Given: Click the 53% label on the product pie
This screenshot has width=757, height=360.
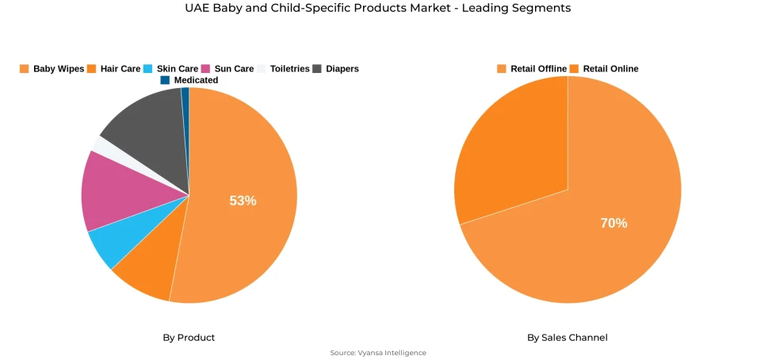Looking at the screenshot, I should pyautogui.click(x=243, y=201).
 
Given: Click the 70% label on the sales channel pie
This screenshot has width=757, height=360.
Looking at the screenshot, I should pyautogui.click(x=614, y=224).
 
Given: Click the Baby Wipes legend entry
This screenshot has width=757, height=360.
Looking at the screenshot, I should pyautogui.click(x=52, y=69).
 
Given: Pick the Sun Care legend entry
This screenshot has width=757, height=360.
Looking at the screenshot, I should pyautogui.click(x=227, y=69).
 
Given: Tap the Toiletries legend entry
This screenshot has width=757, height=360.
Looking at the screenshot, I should pyautogui.click(x=283, y=69).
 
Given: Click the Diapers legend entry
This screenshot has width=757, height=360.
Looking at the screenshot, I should pyautogui.click(x=336, y=69).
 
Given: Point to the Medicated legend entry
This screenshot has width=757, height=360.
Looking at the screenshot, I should pyautogui.click(x=189, y=80).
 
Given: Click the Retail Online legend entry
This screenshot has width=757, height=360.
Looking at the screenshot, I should pyautogui.click(x=604, y=69).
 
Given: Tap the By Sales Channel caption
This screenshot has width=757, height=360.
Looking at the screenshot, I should pyautogui.click(x=568, y=338).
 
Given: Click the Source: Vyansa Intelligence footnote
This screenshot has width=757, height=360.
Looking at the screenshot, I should pyautogui.click(x=378, y=353).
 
